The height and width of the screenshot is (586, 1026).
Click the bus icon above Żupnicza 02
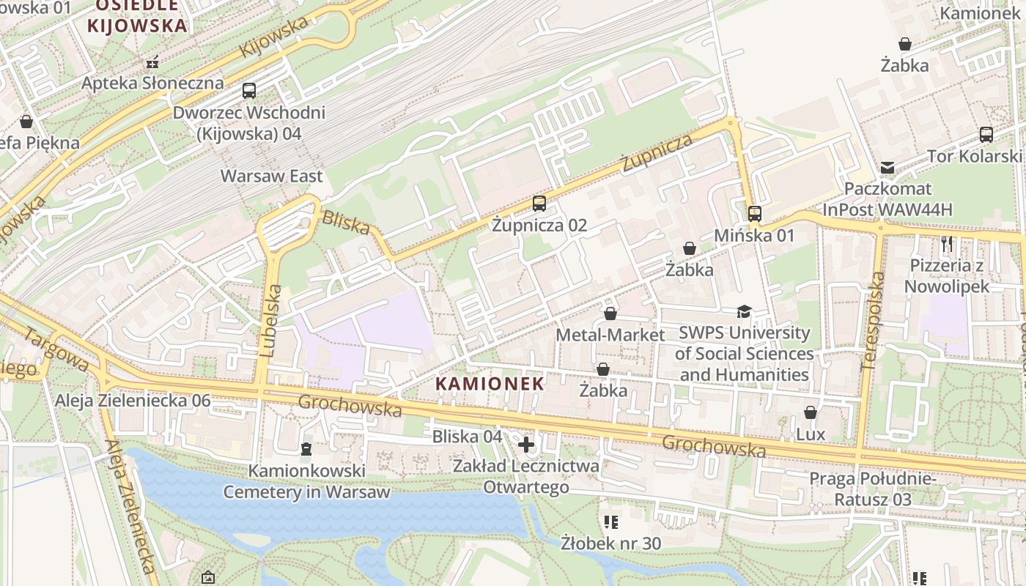539,204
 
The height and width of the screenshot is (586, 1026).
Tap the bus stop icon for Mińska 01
754,214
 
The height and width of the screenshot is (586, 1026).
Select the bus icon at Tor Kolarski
986,135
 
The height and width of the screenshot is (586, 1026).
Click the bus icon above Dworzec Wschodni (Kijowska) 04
249,91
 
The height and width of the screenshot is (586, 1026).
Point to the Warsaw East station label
271,176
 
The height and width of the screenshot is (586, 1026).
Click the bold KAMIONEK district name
490,383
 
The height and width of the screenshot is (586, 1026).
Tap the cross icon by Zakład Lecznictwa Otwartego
526,445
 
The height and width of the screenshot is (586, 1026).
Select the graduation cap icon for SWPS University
744,311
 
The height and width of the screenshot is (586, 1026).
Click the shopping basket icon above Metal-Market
610,314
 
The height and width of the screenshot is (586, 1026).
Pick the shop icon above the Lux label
811,413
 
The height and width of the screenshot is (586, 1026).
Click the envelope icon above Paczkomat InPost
887,168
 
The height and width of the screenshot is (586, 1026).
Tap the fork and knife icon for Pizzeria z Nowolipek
947,244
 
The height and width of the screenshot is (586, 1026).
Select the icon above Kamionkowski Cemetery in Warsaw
306,448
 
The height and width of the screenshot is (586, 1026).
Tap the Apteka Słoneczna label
152,83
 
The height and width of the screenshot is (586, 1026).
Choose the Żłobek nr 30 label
610,543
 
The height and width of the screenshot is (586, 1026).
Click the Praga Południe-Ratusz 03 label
872,489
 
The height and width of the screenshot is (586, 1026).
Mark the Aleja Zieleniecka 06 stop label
133,400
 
